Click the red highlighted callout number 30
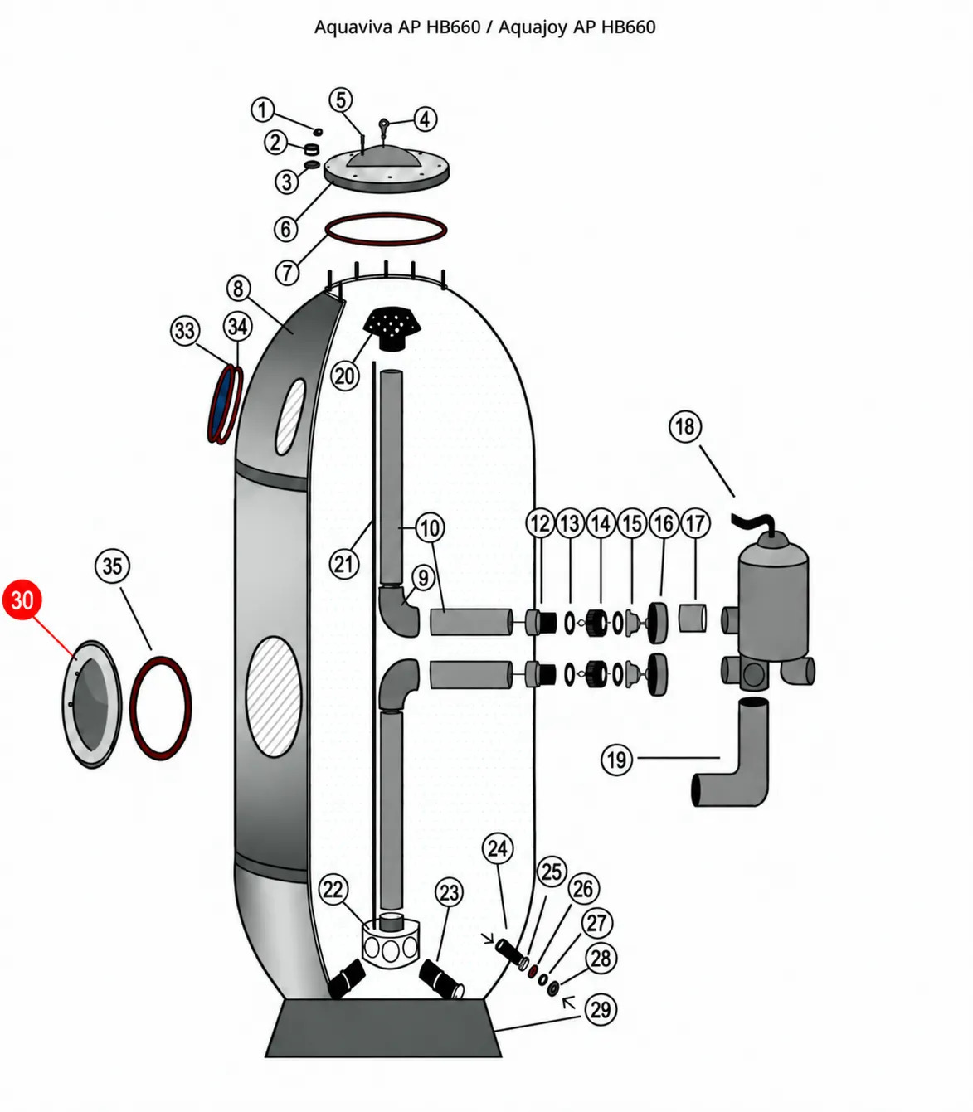coord(22,600)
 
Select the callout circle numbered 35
coord(113,566)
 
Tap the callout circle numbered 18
coord(685,427)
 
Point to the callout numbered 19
coord(617,760)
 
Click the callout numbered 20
coord(344,376)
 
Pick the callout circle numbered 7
coord(288,272)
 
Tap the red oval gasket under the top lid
coord(386,230)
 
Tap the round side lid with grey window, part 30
coord(91,704)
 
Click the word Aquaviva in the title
coord(353,27)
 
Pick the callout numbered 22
coord(333,890)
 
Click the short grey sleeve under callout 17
coord(693,618)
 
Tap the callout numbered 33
coord(185,330)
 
